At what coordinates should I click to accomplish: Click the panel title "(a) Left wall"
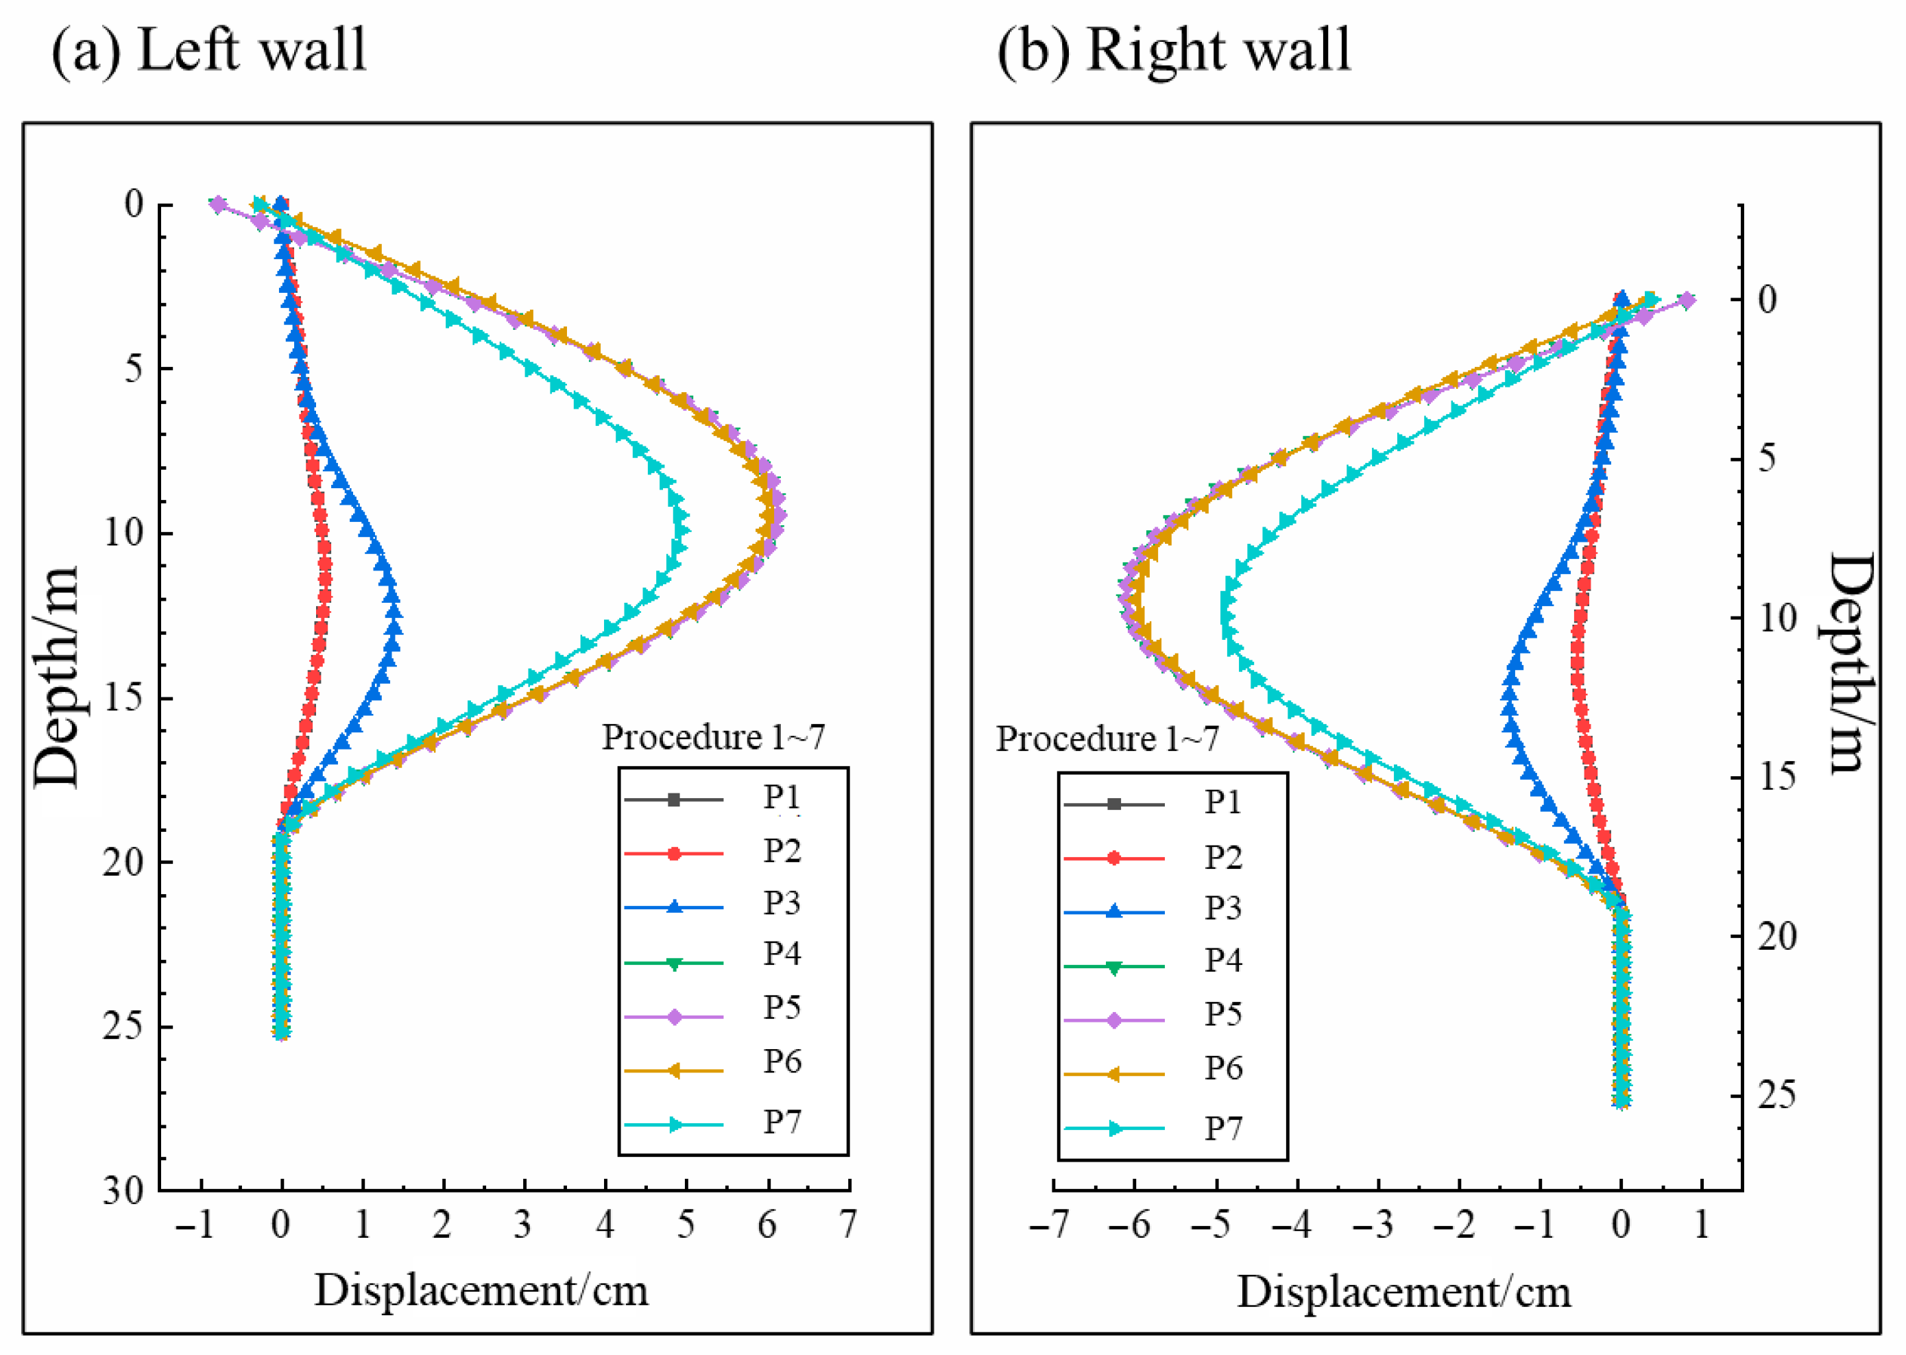pyautogui.click(x=208, y=50)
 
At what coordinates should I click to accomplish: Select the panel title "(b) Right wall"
pyautogui.click(x=1174, y=50)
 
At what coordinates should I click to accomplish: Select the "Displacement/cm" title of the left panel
pyautogui.click(x=481, y=1291)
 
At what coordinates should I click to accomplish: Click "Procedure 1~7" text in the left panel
pyautogui.click(x=713, y=736)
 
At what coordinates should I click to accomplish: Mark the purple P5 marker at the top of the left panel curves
pyautogui.click(x=218, y=204)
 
